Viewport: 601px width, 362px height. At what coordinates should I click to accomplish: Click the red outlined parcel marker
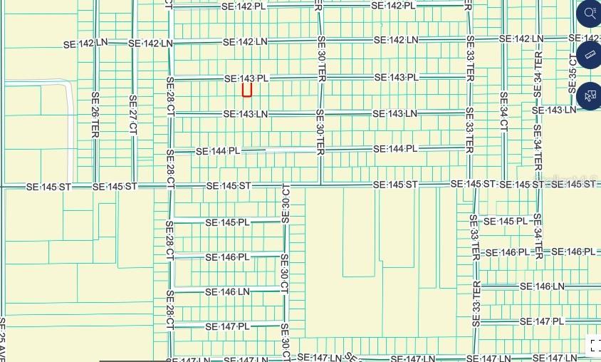tap(247, 90)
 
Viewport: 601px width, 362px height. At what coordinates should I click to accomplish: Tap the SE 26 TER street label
tap(95, 114)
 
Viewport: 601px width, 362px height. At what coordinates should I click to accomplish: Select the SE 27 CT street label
tap(132, 114)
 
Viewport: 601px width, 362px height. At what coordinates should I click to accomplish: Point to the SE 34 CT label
tap(503, 111)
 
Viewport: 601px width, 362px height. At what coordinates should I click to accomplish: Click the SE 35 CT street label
tap(573, 71)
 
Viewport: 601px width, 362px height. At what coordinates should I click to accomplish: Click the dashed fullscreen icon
tap(594, 346)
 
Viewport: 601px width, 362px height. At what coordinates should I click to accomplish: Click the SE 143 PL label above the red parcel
tap(246, 78)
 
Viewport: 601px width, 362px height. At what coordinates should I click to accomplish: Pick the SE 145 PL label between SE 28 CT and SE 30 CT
tap(227, 222)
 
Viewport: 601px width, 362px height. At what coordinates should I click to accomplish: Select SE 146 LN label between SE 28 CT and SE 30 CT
tap(227, 291)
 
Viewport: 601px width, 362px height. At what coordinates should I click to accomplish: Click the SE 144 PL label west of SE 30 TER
tap(218, 151)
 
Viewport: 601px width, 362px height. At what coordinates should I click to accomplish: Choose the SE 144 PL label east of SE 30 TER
tap(395, 149)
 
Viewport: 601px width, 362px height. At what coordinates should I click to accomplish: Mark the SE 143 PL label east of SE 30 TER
tap(395, 77)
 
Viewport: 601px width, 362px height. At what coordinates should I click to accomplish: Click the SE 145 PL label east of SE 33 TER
tap(506, 222)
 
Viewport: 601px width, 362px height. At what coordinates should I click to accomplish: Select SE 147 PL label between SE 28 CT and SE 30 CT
tap(227, 326)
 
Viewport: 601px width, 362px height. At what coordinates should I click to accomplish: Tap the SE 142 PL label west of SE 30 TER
tap(244, 6)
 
